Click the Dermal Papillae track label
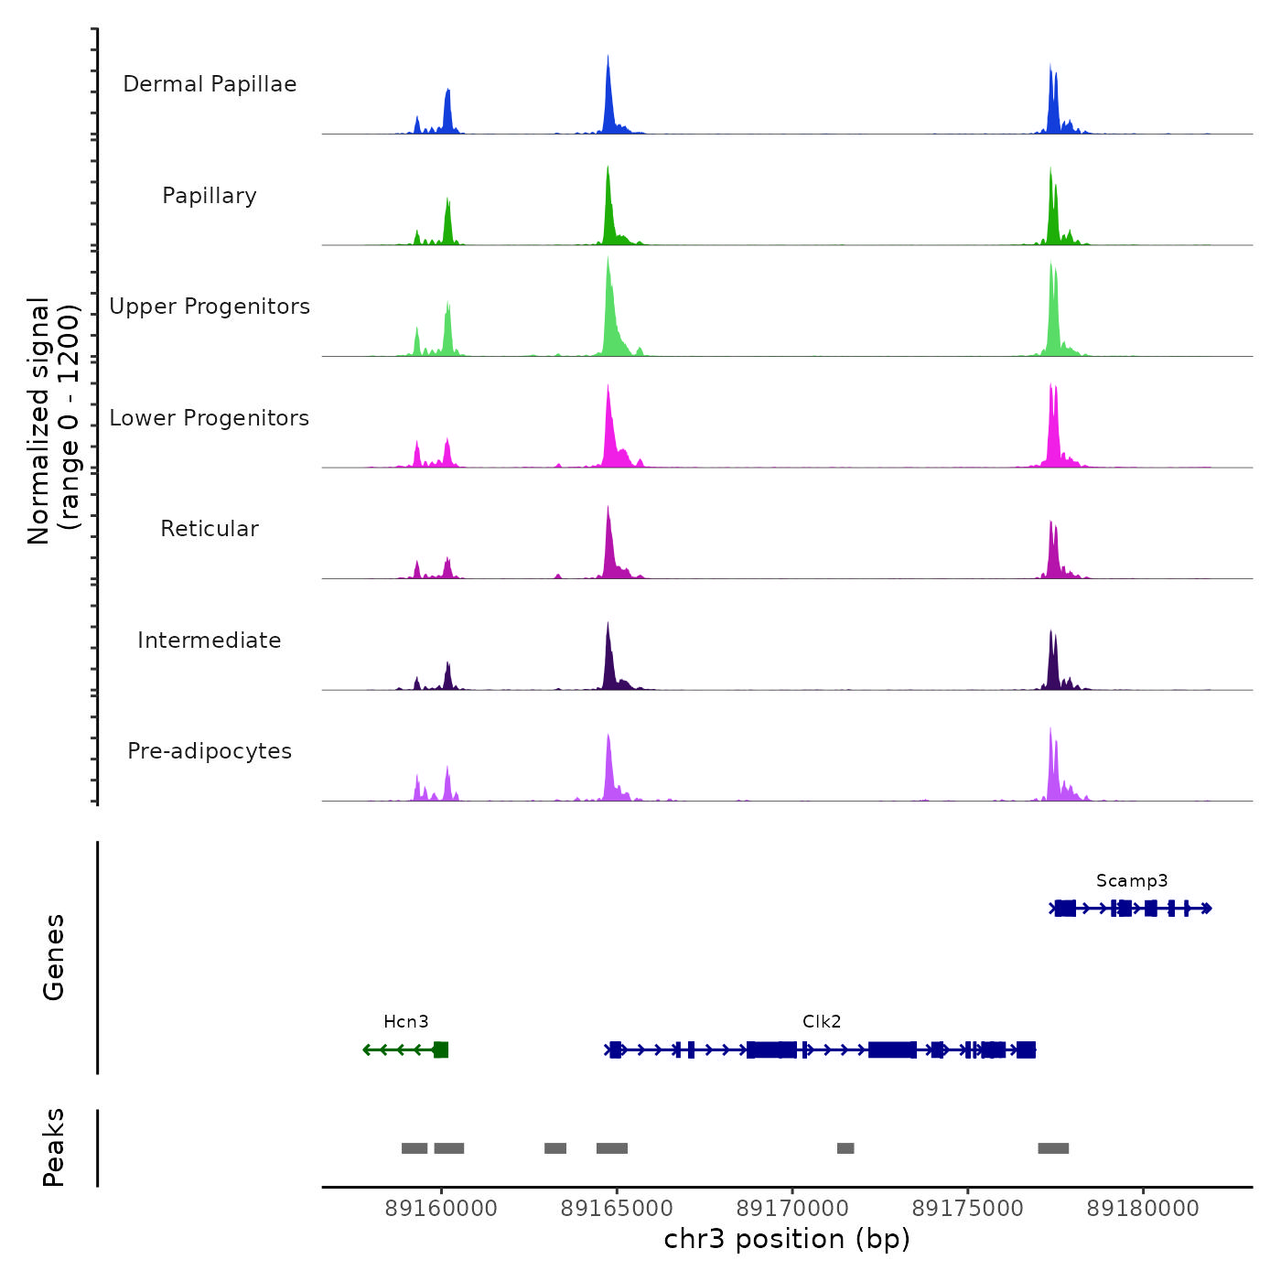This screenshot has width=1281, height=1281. click(210, 84)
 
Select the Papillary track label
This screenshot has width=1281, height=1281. click(210, 196)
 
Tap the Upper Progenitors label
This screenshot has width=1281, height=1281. click(210, 307)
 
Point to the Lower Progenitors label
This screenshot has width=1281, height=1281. click(210, 418)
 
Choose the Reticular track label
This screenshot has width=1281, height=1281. click(210, 529)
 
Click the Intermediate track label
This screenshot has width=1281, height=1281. click(210, 640)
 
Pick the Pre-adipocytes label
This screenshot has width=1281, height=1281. click(210, 751)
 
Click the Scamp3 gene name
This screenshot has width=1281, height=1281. click(1132, 881)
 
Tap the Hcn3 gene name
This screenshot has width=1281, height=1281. click(405, 1022)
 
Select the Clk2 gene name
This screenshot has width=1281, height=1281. click(822, 1022)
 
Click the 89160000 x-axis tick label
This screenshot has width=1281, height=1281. click(441, 1209)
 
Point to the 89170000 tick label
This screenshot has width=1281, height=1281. click(792, 1209)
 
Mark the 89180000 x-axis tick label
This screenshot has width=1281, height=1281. click(1143, 1209)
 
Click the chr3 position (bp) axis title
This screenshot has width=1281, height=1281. click(787, 1239)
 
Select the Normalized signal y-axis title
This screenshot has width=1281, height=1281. click(53, 421)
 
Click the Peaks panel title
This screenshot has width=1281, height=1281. click(54, 1147)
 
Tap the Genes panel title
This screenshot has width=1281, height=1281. click(54, 957)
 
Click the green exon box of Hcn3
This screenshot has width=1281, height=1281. click(441, 1050)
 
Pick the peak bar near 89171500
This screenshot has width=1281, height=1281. click(845, 1148)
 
